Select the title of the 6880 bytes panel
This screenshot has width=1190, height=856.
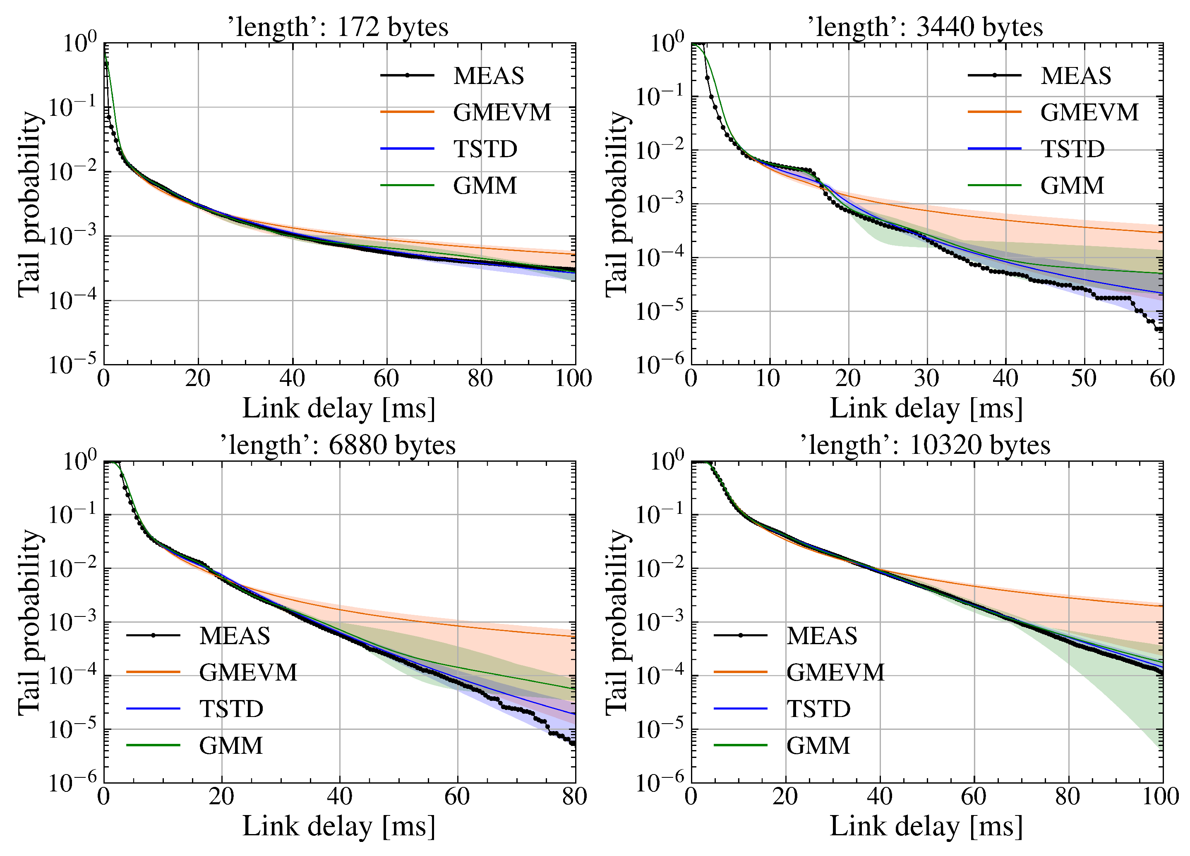pyautogui.click(x=338, y=445)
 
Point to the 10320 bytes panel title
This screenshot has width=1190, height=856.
pyautogui.click(x=926, y=445)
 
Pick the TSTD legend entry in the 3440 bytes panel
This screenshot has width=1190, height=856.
pyautogui.click(x=1072, y=149)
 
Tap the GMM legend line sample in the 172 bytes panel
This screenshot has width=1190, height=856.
pyautogui.click(x=407, y=185)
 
